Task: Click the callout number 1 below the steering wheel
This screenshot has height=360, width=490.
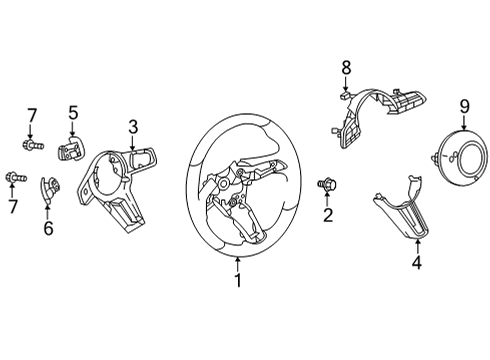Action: click(238, 280)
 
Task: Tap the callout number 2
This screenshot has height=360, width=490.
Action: click(328, 215)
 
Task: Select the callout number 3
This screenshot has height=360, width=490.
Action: click(133, 127)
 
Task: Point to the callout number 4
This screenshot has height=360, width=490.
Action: click(417, 262)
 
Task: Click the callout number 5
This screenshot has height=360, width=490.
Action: click(73, 112)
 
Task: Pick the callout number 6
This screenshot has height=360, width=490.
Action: click(48, 228)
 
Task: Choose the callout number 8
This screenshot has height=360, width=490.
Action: click(346, 68)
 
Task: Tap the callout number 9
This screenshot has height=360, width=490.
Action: click(465, 107)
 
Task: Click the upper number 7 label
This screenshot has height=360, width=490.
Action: click(31, 116)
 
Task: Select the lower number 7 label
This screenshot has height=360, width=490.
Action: click(12, 207)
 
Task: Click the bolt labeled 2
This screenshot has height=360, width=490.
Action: click(327, 184)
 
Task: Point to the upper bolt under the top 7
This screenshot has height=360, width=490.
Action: click(33, 145)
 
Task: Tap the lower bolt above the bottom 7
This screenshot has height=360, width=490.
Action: click(16, 177)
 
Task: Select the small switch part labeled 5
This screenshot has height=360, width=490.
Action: click(70, 149)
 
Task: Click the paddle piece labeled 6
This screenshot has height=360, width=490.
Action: click(50, 189)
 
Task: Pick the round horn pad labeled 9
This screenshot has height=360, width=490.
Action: click(460, 158)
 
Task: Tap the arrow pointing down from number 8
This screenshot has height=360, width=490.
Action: click(346, 83)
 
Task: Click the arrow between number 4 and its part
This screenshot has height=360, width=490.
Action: click(417, 247)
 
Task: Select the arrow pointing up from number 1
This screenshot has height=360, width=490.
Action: click(238, 265)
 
